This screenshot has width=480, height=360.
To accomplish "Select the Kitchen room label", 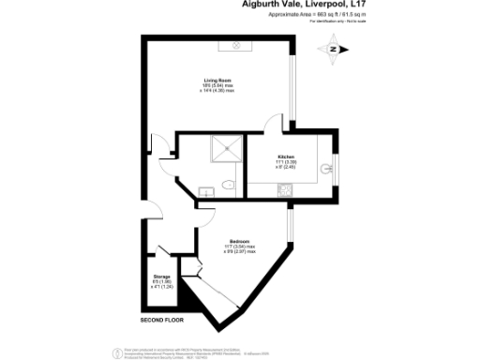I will pyautogui.click(x=285, y=156).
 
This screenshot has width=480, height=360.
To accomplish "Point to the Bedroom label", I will pyautogui.click(x=239, y=241).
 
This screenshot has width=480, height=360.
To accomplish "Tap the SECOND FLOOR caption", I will pyautogui.click(x=158, y=321).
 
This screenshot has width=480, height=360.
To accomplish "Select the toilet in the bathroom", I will pyautogui.click(x=228, y=183).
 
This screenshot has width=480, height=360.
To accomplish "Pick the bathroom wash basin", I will pyautogui.click(x=207, y=192).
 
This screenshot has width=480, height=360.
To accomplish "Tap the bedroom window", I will pyautogui.click(x=291, y=221).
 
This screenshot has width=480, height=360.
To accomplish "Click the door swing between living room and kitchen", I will pyautogui.click(x=275, y=124).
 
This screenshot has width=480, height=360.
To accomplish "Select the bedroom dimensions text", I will pyautogui.click(x=240, y=249).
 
